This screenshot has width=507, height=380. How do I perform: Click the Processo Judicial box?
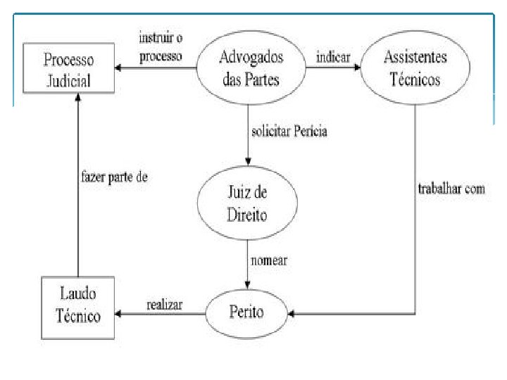pyautogui.click(x=69, y=68)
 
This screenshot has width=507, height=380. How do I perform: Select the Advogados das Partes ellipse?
pyautogui.click(x=250, y=68)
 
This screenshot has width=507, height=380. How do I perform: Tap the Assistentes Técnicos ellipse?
pyautogui.click(x=415, y=68)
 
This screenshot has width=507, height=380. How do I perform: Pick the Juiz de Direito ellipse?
pyautogui.click(x=247, y=204)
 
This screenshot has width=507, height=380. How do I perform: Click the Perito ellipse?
pyautogui.click(x=247, y=309)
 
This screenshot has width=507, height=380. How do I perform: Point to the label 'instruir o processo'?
pyautogui.click(x=161, y=46)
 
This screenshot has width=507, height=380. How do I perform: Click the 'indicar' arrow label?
pyautogui.click(x=333, y=57)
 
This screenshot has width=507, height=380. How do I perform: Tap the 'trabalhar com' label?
pyautogui.click(x=451, y=189)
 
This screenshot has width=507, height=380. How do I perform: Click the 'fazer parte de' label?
pyautogui.click(x=113, y=177)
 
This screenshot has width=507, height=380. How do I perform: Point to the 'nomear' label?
pyautogui.click(x=269, y=260)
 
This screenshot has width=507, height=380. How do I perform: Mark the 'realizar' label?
pyautogui.click(x=165, y=305)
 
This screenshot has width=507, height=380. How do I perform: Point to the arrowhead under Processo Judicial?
pyautogui.click(x=77, y=98)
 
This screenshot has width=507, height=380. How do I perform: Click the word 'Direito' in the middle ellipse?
pyautogui.click(x=247, y=215)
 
